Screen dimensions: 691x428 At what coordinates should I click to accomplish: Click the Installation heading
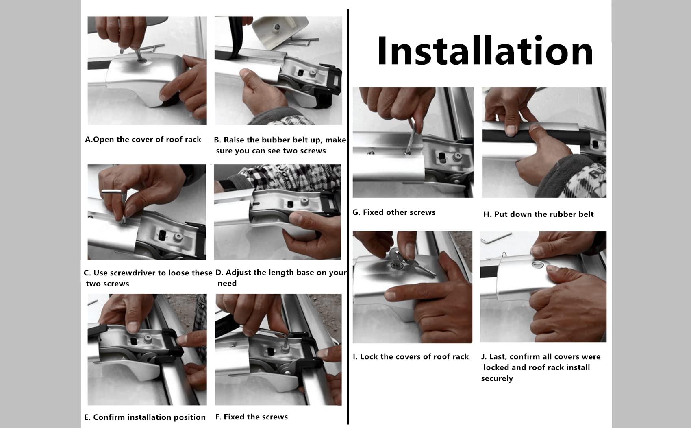[x=485, y=51]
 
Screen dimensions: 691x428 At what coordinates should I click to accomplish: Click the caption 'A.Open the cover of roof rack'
[x=143, y=140]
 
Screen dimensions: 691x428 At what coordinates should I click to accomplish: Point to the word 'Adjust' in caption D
[x=239, y=273]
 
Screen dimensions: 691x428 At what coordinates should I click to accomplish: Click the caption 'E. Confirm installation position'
[x=145, y=417]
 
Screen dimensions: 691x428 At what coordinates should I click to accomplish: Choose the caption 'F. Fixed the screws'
[x=252, y=417]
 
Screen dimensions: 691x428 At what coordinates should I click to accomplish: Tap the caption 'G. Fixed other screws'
[x=393, y=212]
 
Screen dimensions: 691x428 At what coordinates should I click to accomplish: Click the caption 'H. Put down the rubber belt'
[x=538, y=214]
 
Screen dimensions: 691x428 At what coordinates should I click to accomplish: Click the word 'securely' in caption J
[x=497, y=379]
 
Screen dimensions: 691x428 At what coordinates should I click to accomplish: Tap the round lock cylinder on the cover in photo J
[x=537, y=264]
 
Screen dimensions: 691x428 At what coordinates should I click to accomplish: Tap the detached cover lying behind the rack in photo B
[x=280, y=31]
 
